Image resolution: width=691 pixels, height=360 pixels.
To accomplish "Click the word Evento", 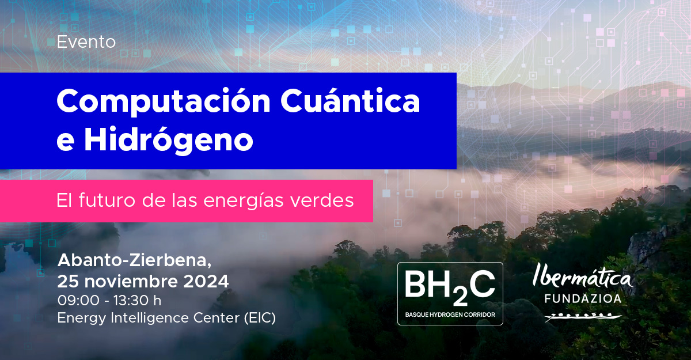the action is tap(86, 42).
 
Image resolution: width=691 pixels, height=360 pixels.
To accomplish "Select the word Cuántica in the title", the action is tap(350, 101).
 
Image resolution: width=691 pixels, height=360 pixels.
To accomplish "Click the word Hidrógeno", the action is tap(168, 139).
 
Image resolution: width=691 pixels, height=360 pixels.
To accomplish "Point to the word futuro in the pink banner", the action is tap(107, 200).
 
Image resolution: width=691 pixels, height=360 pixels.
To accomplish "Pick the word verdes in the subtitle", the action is tap(322, 200).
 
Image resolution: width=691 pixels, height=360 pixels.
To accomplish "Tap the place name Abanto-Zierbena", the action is tap(135, 260).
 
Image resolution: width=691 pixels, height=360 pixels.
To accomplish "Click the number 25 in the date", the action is tap(68, 281).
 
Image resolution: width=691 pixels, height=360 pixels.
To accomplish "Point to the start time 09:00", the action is tap(79, 300).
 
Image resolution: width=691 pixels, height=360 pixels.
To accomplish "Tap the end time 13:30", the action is tap(131, 300).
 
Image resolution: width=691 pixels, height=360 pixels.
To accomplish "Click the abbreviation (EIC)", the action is tap(260, 318).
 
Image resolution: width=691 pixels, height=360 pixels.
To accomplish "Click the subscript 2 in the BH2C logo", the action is tap(460, 298).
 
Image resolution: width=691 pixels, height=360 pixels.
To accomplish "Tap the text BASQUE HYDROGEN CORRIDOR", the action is tap(450, 314).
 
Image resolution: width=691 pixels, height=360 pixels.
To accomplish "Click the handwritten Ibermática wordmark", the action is tap(582, 276).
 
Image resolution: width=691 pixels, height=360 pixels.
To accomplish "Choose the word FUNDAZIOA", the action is tap(583, 298).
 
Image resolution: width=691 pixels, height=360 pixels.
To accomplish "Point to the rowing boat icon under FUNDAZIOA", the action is tap(583, 317).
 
